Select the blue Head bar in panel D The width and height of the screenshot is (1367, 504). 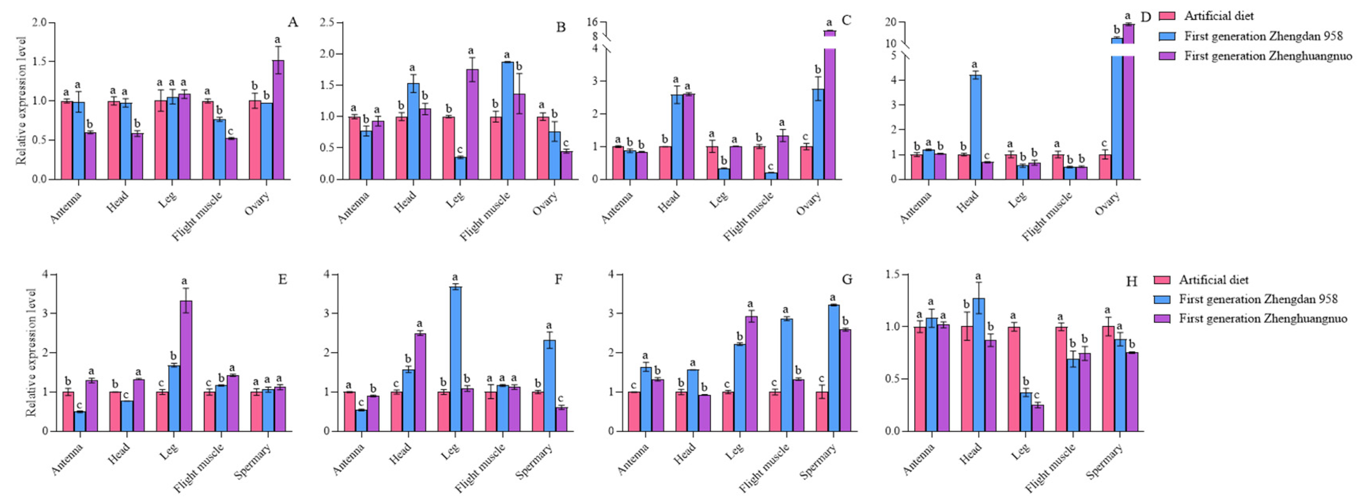tap(975, 127)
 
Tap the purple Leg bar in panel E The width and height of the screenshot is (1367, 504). tap(186, 366)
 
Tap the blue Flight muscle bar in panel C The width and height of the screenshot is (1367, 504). tap(771, 176)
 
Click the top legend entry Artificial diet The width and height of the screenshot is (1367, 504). tap(1218, 16)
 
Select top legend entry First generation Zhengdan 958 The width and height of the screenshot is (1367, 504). tap(1263, 36)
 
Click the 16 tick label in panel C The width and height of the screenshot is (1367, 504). tap(592, 22)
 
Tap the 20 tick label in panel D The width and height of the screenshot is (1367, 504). tap(890, 22)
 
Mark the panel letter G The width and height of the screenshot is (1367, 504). tap(847, 279)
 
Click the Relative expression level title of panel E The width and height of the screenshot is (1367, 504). tap(32, 352)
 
